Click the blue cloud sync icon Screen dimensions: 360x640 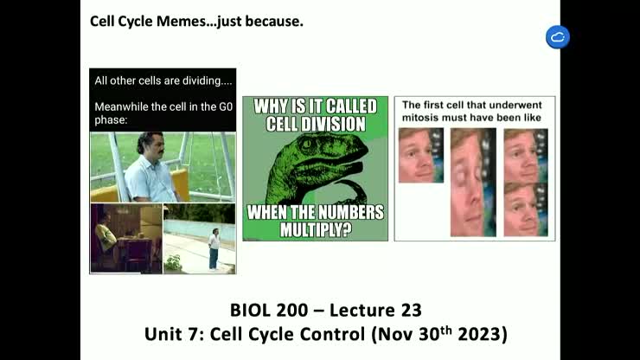pyautogui.click(x=558, y=37)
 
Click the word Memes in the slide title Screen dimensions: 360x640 pyautogui.click(x=182, y=20)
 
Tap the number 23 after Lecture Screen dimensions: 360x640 pyautogui.click(x=411, y=310)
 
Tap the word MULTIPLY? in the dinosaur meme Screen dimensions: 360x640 pyautogui.click(x=315, y=230)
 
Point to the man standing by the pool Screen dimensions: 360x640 pyautogui.click(x=213, y=247)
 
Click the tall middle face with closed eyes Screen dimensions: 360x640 pyautogui.click(x=472, y=182)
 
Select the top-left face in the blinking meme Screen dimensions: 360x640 pyautogui.click(x=420, y=155)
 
